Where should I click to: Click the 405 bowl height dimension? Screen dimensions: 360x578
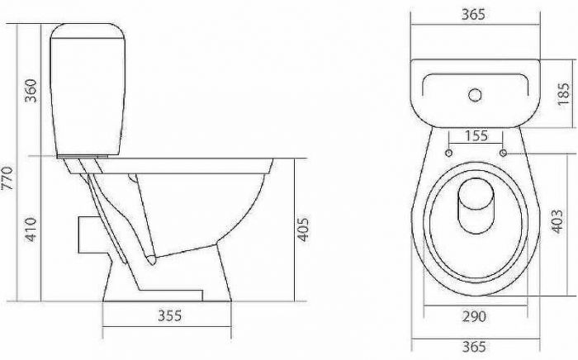click(x=303, y=229)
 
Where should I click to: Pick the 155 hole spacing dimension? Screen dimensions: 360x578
click(x=476, y=135)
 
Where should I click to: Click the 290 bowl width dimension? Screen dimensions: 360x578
click(x=475, y=316)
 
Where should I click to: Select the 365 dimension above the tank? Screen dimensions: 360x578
click(x=475, y=15)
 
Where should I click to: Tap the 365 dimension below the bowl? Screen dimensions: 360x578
click(x=475, y=347)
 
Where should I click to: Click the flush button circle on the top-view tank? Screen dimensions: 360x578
click(x=475, y=95)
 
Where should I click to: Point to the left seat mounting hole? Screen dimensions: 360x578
click(x=448, y=154)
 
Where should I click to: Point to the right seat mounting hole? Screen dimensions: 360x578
click(x=503, y=154)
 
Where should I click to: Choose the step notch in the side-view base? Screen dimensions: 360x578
click(x=198, y=292)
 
